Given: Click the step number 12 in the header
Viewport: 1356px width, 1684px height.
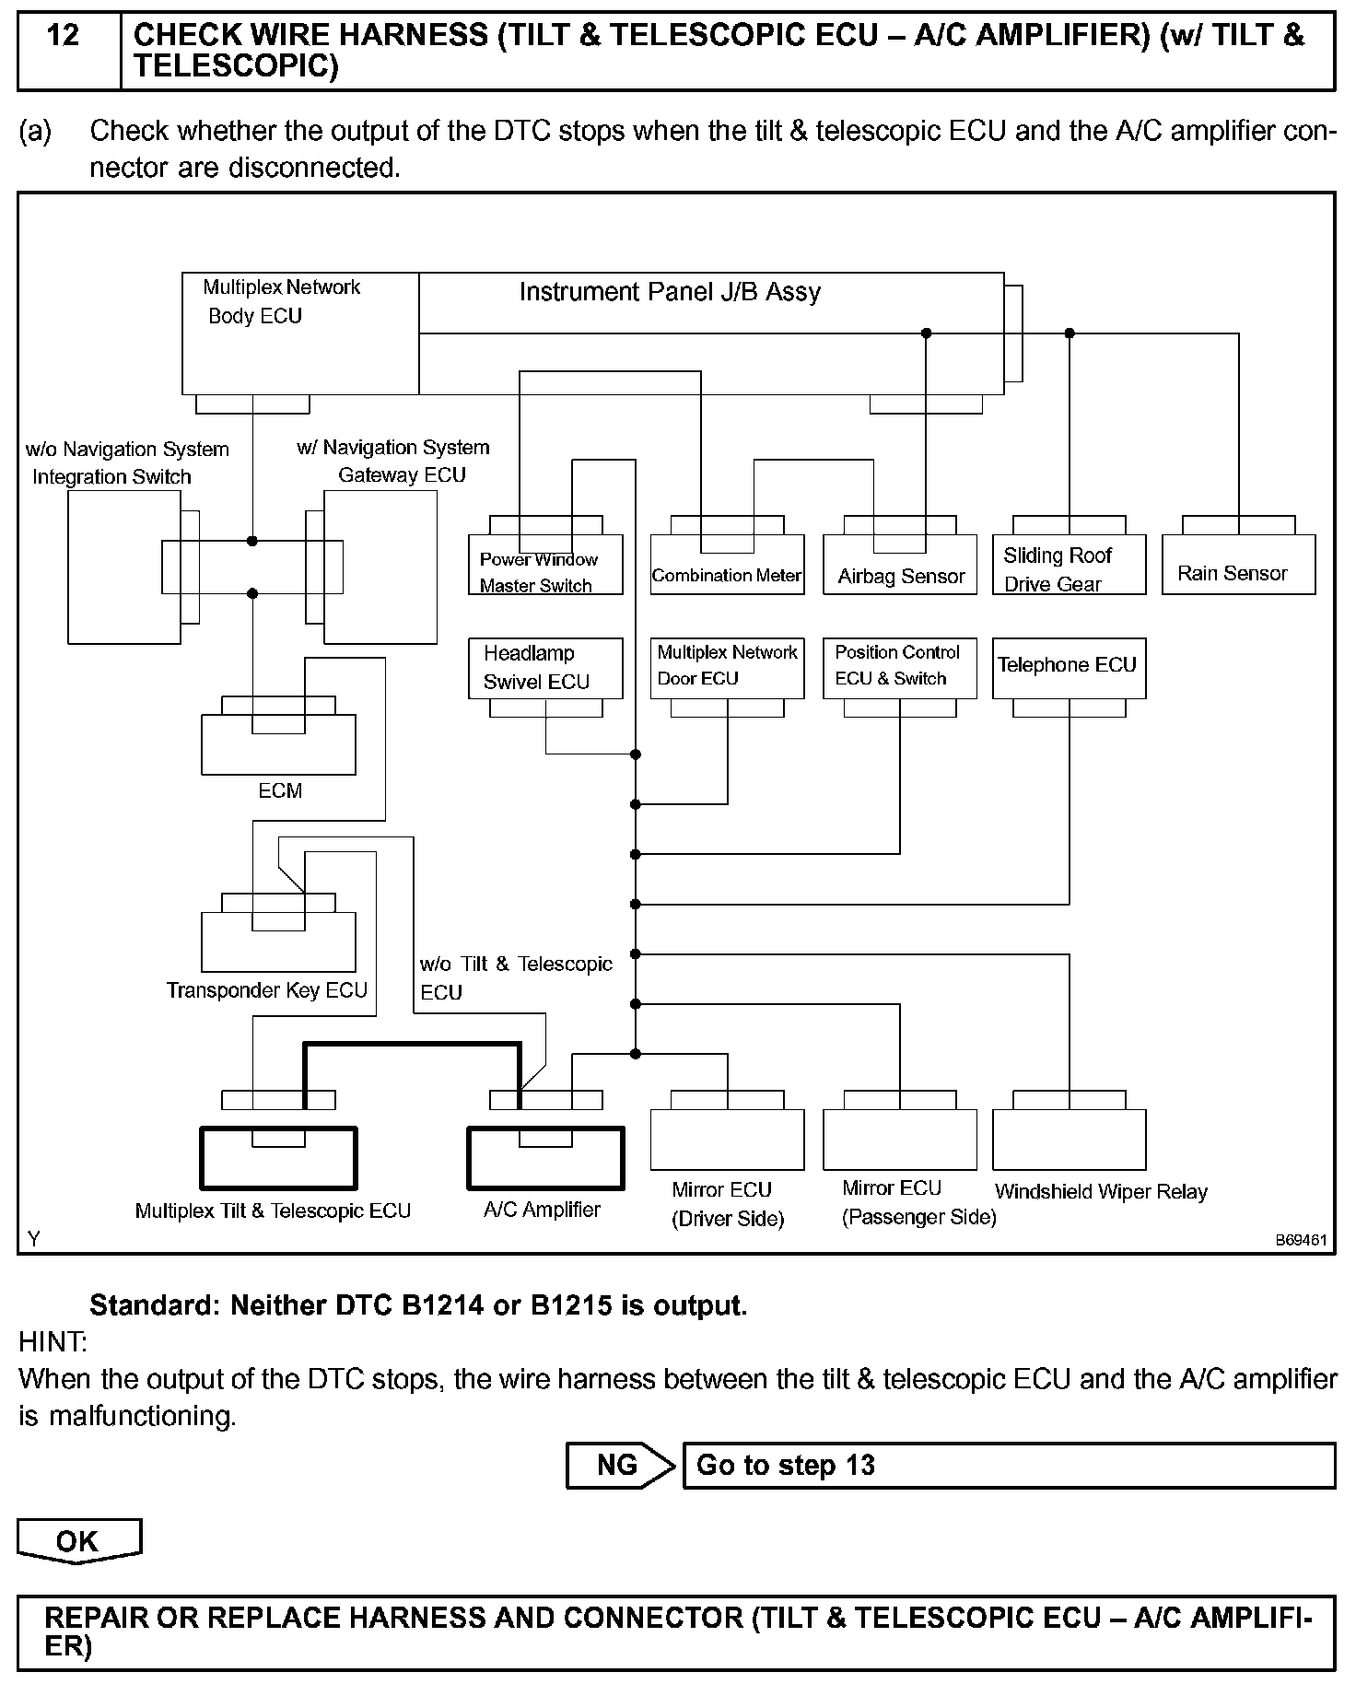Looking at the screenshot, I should click(x=63, y=36).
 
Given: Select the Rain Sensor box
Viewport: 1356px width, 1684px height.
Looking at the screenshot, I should click(x=1238, y=573).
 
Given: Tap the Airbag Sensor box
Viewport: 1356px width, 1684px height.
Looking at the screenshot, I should click(x=900, y=575).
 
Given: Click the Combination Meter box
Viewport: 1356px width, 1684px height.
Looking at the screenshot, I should click(x=727, y=575).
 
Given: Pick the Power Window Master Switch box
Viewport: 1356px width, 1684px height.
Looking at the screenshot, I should click(x=545, y=572).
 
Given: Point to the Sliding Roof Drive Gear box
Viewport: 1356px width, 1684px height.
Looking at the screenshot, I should click(x=1069, y=569).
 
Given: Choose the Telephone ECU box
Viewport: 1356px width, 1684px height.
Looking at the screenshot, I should click(x=1069, y=666).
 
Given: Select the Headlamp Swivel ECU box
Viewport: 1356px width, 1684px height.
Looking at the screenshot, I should click(x=545, y=667).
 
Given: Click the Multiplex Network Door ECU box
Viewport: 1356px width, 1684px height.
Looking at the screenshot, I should click(x=727, y=666).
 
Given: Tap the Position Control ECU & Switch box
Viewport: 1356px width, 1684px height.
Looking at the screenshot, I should click(x=899, y=666).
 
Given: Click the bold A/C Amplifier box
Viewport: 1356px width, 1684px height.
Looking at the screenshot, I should click(x=545, y=1158).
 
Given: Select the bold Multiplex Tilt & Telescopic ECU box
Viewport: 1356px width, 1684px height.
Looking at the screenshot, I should click(x=278, y=1158).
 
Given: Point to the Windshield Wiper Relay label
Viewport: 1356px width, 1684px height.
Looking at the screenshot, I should click(x=1101, y=1191).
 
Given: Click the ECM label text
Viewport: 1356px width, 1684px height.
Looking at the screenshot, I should click(x=280, y=790).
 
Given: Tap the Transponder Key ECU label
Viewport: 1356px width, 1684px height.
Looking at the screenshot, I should click(x=267, y=990).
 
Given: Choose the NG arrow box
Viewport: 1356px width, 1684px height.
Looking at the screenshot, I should click(x=617, y=1466).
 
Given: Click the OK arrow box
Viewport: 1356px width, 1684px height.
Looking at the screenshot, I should click(x=78, y=1542).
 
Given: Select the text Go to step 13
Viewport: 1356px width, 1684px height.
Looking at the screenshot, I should click(x=785, y=1466).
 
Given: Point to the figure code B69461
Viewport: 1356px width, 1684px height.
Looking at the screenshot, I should click(x=1301, y=1240).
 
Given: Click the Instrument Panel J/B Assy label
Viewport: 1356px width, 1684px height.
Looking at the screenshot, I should click(x=670, y=292).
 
